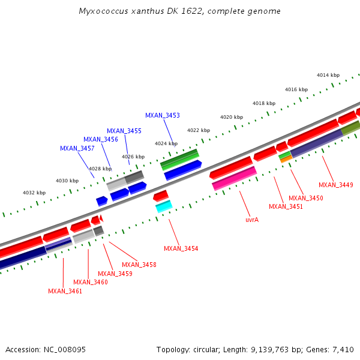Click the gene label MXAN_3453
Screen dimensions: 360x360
162,115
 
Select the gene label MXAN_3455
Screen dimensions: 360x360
124,131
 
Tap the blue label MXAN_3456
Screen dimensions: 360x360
100,139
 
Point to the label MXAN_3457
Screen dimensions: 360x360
77,148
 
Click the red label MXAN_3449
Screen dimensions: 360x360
335,185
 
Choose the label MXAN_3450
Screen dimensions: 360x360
305,198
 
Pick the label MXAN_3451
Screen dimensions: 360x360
286,206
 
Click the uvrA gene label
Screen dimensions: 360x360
252,220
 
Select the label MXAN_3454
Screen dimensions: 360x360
181,248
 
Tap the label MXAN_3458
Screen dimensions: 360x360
139,265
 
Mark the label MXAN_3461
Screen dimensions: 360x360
65,291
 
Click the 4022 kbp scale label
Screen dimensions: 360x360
199,130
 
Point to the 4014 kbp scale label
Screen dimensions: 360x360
328,75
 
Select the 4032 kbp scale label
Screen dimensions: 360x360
34,193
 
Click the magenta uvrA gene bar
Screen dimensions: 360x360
235,178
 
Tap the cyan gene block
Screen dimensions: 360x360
164,206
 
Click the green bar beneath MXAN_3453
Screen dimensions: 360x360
180,159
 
